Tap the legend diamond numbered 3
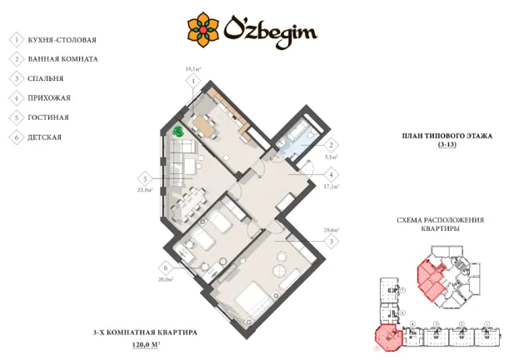[16, 78]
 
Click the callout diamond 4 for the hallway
[331, 174]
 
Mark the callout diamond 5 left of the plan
[146, 178]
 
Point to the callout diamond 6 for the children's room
[167, 267]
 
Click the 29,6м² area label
[331, 230]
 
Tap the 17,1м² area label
[332, 187]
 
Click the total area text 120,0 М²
[146, 343]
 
